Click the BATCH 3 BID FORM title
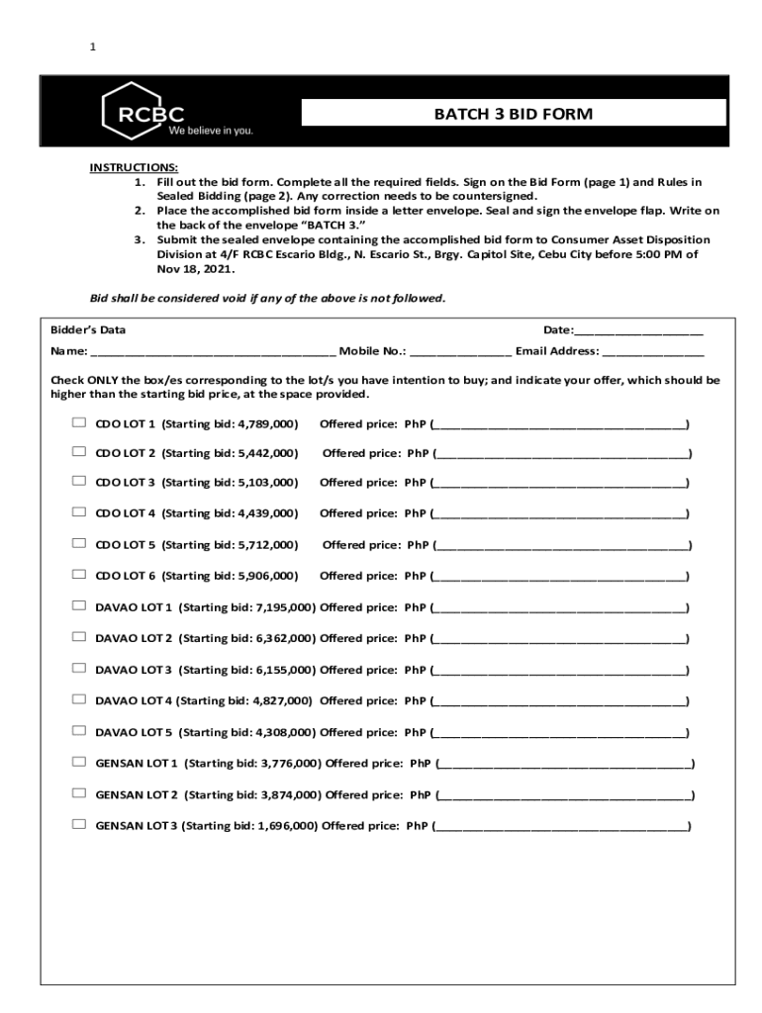tap(513, 114)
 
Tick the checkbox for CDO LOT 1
tap(79, 423)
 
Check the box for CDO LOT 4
tap(79, 512)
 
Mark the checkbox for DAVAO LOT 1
tap(79, 606)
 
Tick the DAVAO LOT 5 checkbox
tap(79, 731)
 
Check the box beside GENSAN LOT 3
tap(79, 824)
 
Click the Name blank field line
tap(213, 352)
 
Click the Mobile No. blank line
tap(460, 352)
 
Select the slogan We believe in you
tap(210, 131)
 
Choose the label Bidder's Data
tap(88, 329)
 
